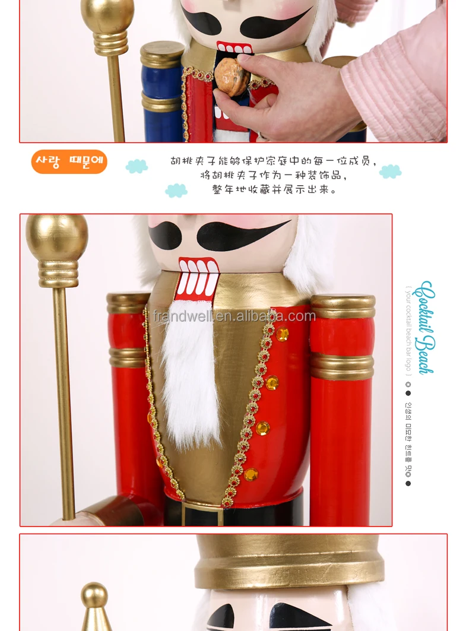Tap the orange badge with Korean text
point(69,161)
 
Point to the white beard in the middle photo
point(191,374)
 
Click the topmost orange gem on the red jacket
point(282,334)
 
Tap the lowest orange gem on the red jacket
point(251,474)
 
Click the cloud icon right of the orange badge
point(137,166)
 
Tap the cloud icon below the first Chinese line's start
point(176,191)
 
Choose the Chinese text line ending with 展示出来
point(274,190)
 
